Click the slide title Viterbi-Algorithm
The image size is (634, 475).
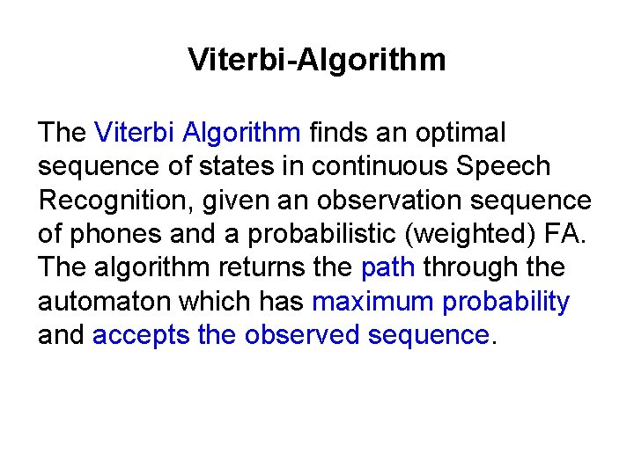(x=317, y=61)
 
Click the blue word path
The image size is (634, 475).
(x=387, y=267)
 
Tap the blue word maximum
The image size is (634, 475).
(x=372, y=302)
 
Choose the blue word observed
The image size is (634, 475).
(x=302, y=335)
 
